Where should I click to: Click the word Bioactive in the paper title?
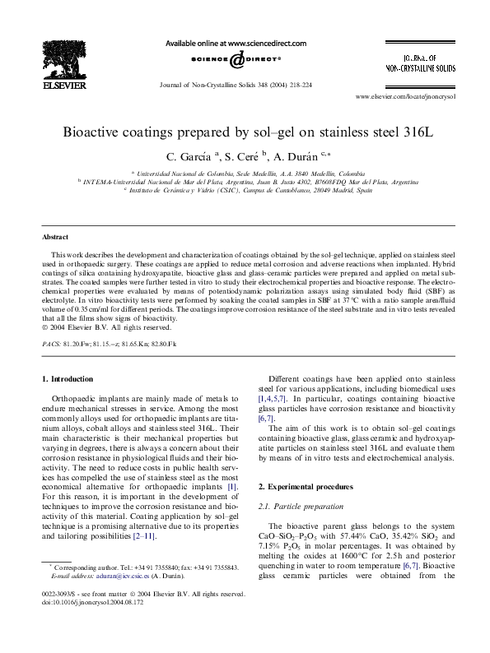pyautogui.click(x=92, y=132)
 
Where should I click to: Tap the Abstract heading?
pyautogui.click(x=56, y=235)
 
